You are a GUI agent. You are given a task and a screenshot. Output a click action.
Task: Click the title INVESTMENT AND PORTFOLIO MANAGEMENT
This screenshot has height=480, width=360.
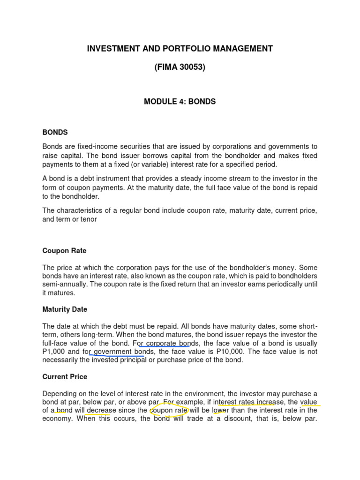[180, 48]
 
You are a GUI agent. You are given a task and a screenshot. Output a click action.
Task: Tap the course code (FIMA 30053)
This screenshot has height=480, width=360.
[180, 67]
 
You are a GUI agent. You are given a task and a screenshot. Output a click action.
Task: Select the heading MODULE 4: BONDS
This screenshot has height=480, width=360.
[180, 102]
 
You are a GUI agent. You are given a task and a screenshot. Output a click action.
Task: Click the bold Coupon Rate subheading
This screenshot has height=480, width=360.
[64, 251]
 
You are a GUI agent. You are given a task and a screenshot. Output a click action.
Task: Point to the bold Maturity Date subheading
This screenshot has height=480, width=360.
[65, 309]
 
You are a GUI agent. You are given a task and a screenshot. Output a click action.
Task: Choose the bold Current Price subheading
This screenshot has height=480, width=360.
[65, 377]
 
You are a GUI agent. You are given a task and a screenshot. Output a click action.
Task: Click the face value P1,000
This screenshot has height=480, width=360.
[55, 352]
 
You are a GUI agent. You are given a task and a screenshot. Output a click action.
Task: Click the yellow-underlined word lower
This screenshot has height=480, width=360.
[220, 411]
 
